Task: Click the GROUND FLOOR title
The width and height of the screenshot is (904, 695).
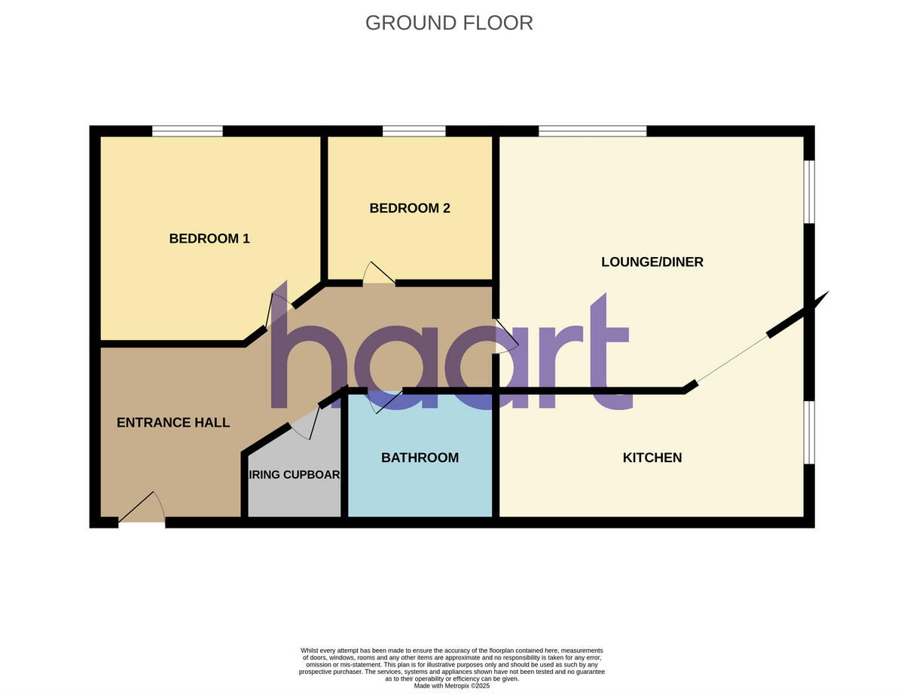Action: click(x=449, y=23)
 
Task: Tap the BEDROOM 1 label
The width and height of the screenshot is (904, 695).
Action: click(x=209, y=239)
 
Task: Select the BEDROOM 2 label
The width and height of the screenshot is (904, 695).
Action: click(x=410, y=208)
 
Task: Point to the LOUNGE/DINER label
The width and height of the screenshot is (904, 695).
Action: click(x=652, y=262)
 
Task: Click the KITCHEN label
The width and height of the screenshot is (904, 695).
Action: click(x=652, y=458)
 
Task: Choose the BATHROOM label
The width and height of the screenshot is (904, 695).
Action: click(x=420, y=458)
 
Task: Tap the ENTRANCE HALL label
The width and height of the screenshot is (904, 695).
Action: click(x=173, y=423)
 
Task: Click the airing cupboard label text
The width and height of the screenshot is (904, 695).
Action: click(x=295, y=475)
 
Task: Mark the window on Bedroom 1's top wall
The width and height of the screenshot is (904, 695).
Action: click(x=188, y=131)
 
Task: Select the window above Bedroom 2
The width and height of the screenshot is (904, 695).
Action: click(x=414, y=131)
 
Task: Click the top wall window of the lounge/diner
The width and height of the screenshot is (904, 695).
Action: click(x=592, y=131)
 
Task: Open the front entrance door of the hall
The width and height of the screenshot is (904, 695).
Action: click(x=142, y=510)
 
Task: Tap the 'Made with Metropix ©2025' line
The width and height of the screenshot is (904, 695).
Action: click(x=452, y=686)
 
